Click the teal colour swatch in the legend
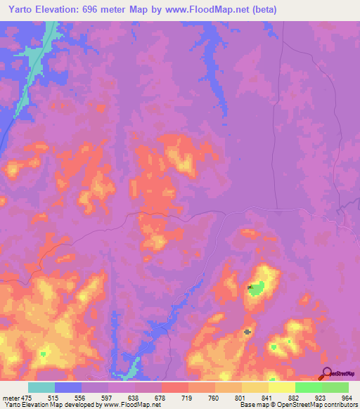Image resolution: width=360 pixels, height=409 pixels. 41,387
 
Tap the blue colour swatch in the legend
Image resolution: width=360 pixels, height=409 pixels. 68,387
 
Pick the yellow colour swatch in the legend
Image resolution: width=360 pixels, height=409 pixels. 281,387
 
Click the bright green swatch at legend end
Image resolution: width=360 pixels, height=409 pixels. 335,387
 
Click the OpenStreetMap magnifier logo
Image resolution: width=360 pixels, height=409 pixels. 326,372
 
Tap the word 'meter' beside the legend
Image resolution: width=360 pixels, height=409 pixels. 10,398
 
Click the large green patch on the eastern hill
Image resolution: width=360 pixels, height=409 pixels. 259,287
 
